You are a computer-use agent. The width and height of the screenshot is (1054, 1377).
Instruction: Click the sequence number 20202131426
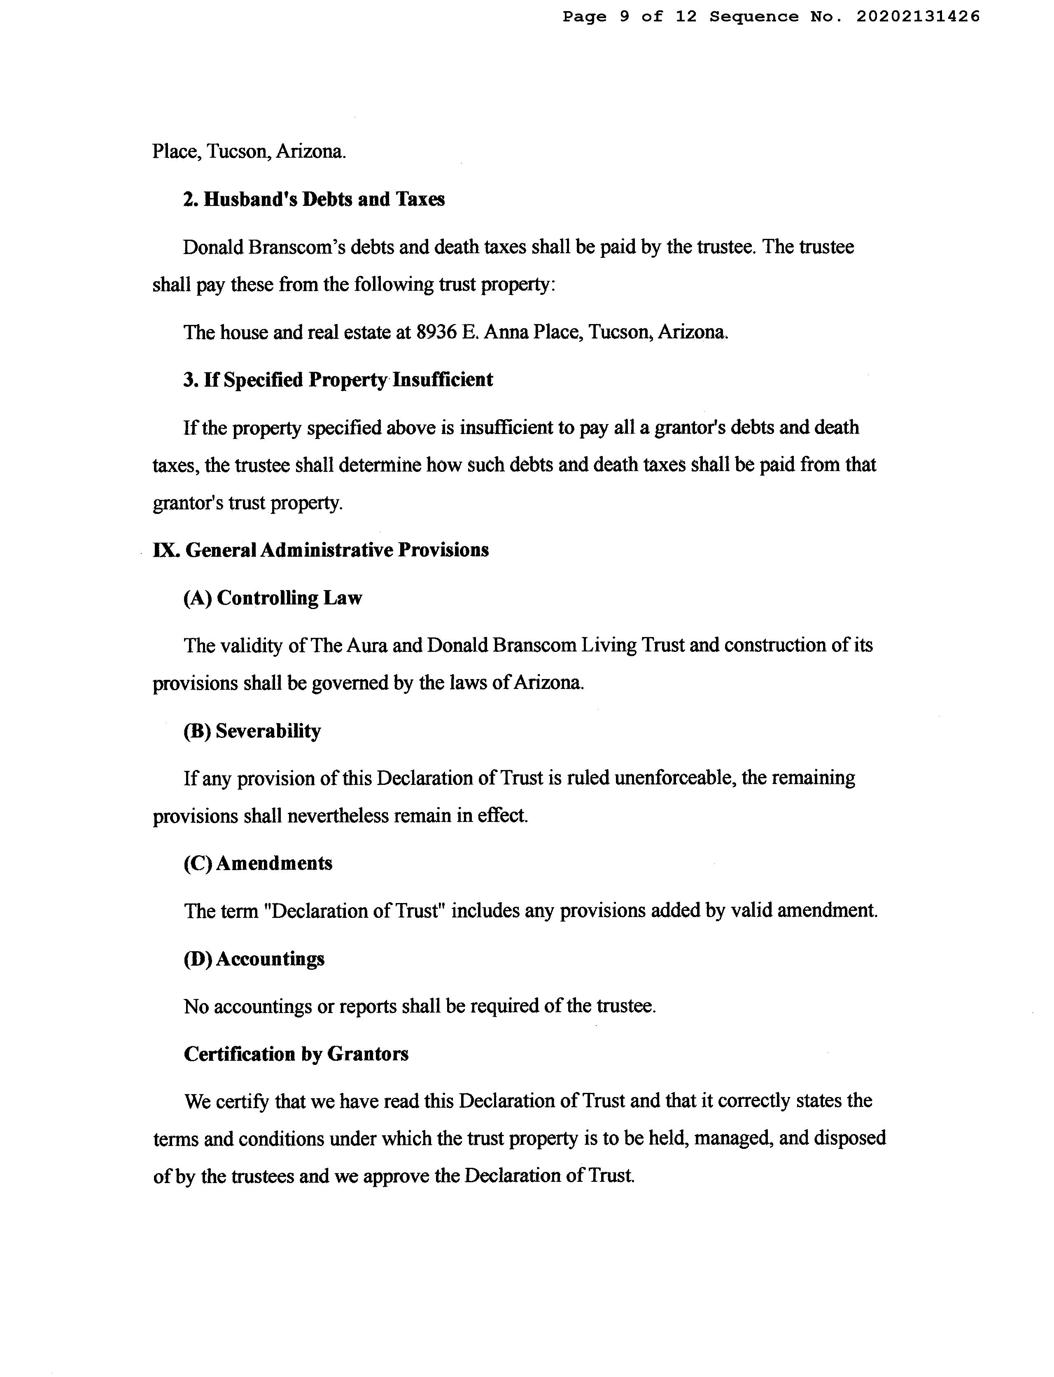pyautogui.click(x=918, y=17)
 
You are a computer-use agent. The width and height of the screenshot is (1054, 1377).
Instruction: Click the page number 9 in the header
pyautogui.click(x=624, y=17)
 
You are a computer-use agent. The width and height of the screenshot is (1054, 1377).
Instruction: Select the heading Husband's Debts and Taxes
pyautogui.click(x=314, y=199)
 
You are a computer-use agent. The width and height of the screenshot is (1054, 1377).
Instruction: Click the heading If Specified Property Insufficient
pyautogui.click(x=338, y=380)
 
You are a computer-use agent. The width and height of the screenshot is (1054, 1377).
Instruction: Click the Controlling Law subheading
pyautogui.click(x=272, y=598)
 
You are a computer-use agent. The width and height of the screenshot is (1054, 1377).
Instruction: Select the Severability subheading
pyautogui.click(x=252, y=731)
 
